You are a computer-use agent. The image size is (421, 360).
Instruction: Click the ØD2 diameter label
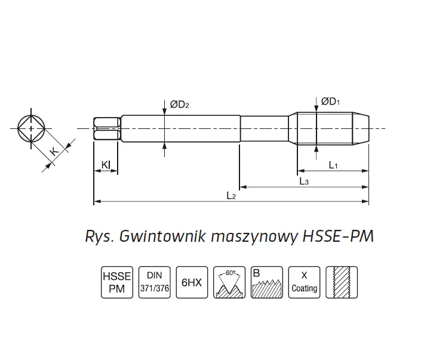(180, 104)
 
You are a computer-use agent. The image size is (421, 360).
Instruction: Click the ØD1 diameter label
(330, 102)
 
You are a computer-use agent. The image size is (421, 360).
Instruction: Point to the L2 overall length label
(231, 196)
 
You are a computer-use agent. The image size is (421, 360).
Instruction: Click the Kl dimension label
(105, 164)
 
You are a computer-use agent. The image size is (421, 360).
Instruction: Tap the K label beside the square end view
(54, 151)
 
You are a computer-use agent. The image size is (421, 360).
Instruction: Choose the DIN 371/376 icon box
(155, 281)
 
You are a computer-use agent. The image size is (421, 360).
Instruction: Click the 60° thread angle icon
(229, 281)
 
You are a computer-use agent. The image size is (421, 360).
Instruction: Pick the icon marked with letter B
(266, 281)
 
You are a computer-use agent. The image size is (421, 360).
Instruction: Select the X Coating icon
(304, 281)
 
